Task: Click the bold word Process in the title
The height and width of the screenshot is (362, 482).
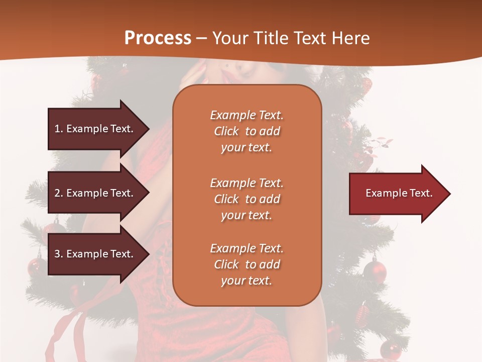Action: pos(158,38)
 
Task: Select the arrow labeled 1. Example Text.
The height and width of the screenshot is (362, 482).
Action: pos(95,129)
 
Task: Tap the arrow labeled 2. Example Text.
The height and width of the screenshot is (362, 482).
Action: pos(95,193)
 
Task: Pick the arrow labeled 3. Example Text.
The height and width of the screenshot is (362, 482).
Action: pos(95,254)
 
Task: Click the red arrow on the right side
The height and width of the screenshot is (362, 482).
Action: pos(397,193)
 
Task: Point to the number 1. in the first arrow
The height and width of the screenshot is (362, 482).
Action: pos(59,129)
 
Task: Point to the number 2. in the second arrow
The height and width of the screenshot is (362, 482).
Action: pos(59,193)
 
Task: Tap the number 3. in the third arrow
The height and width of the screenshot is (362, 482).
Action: pos(59,254)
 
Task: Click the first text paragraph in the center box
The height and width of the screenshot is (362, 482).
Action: pos(247,131)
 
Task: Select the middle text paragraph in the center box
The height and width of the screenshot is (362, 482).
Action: pos(247,199)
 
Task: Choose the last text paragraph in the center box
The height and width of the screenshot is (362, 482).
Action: pos(247,264)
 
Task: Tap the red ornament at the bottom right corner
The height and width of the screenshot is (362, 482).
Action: pos(390,349)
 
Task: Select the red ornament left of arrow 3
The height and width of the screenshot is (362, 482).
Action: pos(36,266)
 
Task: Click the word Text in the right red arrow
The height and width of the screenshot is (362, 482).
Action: pos(422,193)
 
